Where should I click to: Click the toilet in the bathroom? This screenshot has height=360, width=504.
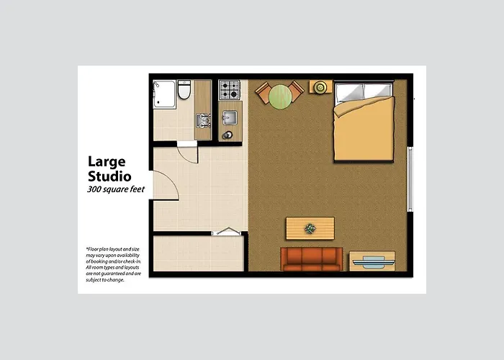pyautogui.click(x=184, y=89)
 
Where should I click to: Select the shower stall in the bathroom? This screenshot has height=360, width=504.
pyautogui.click(x=164, y=94)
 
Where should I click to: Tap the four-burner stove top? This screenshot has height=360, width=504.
pyautogui.click(x=229, y=90)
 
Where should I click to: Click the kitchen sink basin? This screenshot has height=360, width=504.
pyautogui.click(x=230, y=117)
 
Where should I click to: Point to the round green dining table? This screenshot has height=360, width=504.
pyautogui.click(x=280, y=96)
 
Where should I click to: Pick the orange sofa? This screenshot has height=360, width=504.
pyautogui.click(x=311, y=259)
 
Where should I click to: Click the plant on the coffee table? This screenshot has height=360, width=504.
pyautogui.click(x=310, y=228)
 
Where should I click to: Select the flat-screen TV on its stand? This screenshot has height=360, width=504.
pyautogui.click(x=373, y=262)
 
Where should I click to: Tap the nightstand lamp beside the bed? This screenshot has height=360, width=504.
pyautogui.click(x=320, y=87)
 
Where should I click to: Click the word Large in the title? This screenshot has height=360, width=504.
pyautogui.click(x=107, y=162)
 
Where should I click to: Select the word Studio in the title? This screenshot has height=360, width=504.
pyautogui.click(x=109, y=176)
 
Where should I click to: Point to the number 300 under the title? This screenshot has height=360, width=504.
pyautogui.click(x=94, y=189)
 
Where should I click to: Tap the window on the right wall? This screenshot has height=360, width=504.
pyautogui.click(x=410, y=179)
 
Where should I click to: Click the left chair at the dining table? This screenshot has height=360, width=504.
pyautogui.click(x=264, y=92)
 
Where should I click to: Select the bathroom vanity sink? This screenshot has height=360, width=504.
pyautogui.click(x=203, y=120)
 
